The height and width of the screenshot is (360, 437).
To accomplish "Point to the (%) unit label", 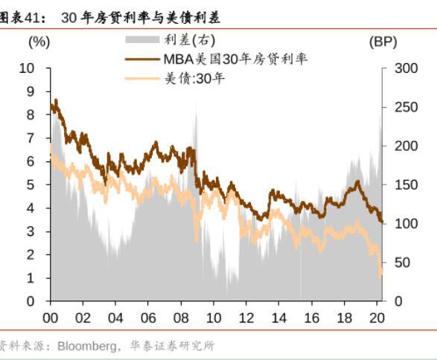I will click(39, 42).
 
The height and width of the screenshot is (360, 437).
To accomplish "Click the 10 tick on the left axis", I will click(28, 68).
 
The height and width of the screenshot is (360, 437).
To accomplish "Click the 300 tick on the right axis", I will click(399, 68).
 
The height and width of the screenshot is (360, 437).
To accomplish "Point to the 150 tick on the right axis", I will click(399, 185).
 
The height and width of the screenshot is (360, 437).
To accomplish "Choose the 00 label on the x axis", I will click(51, 315).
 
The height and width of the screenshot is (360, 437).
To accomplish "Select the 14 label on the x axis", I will click(278, 315).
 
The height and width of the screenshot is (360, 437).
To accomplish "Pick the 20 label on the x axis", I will click(376, 315).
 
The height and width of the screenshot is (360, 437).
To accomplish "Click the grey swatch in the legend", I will click(141, 40).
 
